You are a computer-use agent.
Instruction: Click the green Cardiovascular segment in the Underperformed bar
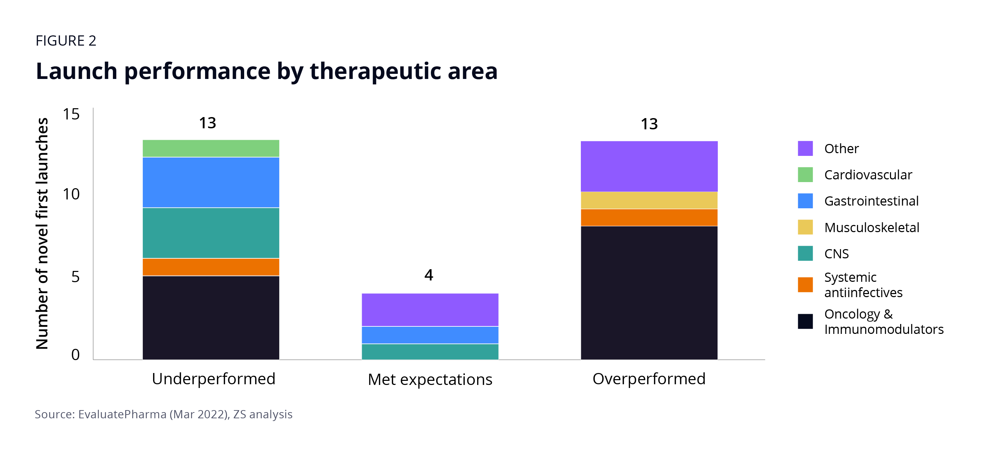coord(211,148)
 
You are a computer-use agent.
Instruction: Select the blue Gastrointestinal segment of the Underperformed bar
coord(211,182)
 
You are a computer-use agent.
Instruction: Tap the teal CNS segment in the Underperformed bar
coord(211,233)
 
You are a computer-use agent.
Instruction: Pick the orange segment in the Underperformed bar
coord(211,267)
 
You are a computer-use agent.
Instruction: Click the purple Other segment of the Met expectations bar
coord(430,310)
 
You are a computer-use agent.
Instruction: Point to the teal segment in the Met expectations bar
coord(430,352)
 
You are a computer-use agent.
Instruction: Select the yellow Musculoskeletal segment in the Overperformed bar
coord(649,200)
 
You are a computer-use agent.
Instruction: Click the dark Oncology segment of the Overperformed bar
coord(649,293)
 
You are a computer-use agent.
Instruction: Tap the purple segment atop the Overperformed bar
coord(649,166)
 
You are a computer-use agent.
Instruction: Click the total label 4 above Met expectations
coord(428,275)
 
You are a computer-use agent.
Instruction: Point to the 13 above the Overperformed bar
coord(649,124)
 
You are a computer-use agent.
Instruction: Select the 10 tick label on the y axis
coord(71,194)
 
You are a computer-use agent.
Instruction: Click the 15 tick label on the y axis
coord(71,114)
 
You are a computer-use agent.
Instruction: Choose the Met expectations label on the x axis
coord(430,380)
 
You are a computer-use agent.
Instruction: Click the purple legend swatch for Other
coord(805,148)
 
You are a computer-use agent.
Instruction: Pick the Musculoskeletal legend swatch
coord(805,227)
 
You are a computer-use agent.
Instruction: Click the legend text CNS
coord(837,254)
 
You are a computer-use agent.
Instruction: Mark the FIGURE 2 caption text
coord(66,41)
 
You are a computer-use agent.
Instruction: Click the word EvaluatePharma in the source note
coord(122,415)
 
